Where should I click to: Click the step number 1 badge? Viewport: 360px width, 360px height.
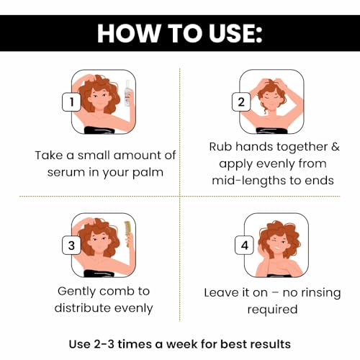pyautogui.click(x=71, y=102)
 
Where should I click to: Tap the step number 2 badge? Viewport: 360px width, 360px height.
pyautogui.click(x=241, y=102)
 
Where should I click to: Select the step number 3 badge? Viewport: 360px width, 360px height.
pyautogui.click(x=71, y=246)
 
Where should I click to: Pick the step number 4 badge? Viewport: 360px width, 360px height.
pyautogui.click(x=244, y=246)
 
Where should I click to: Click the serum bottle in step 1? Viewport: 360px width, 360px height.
pyautogui.click(x=127, y=93)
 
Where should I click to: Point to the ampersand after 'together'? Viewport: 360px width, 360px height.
pyautogui.click(x=336, y=147)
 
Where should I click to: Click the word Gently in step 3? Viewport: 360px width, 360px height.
pyautogui.click(x=76, y=292)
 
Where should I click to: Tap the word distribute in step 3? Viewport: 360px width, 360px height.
pyautogui.click(x=82, y=307)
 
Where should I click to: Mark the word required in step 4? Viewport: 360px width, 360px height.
pyautogui.click(x=272, y=310)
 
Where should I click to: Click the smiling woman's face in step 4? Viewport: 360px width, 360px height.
pyautogui.click(x=279, y=246)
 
